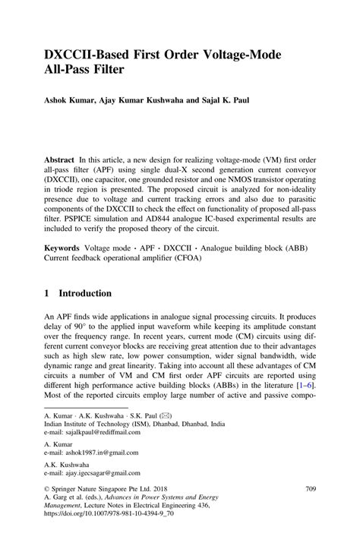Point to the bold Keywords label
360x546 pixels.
point(65,248)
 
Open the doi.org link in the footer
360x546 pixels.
point(110,523)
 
